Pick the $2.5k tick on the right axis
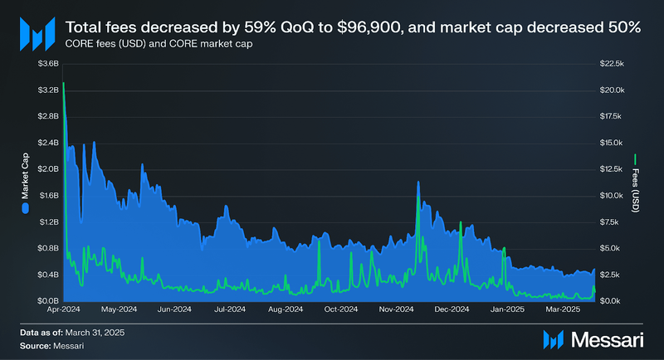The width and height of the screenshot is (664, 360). pos(611,275)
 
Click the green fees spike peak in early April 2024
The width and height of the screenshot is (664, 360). pos(64,85)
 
